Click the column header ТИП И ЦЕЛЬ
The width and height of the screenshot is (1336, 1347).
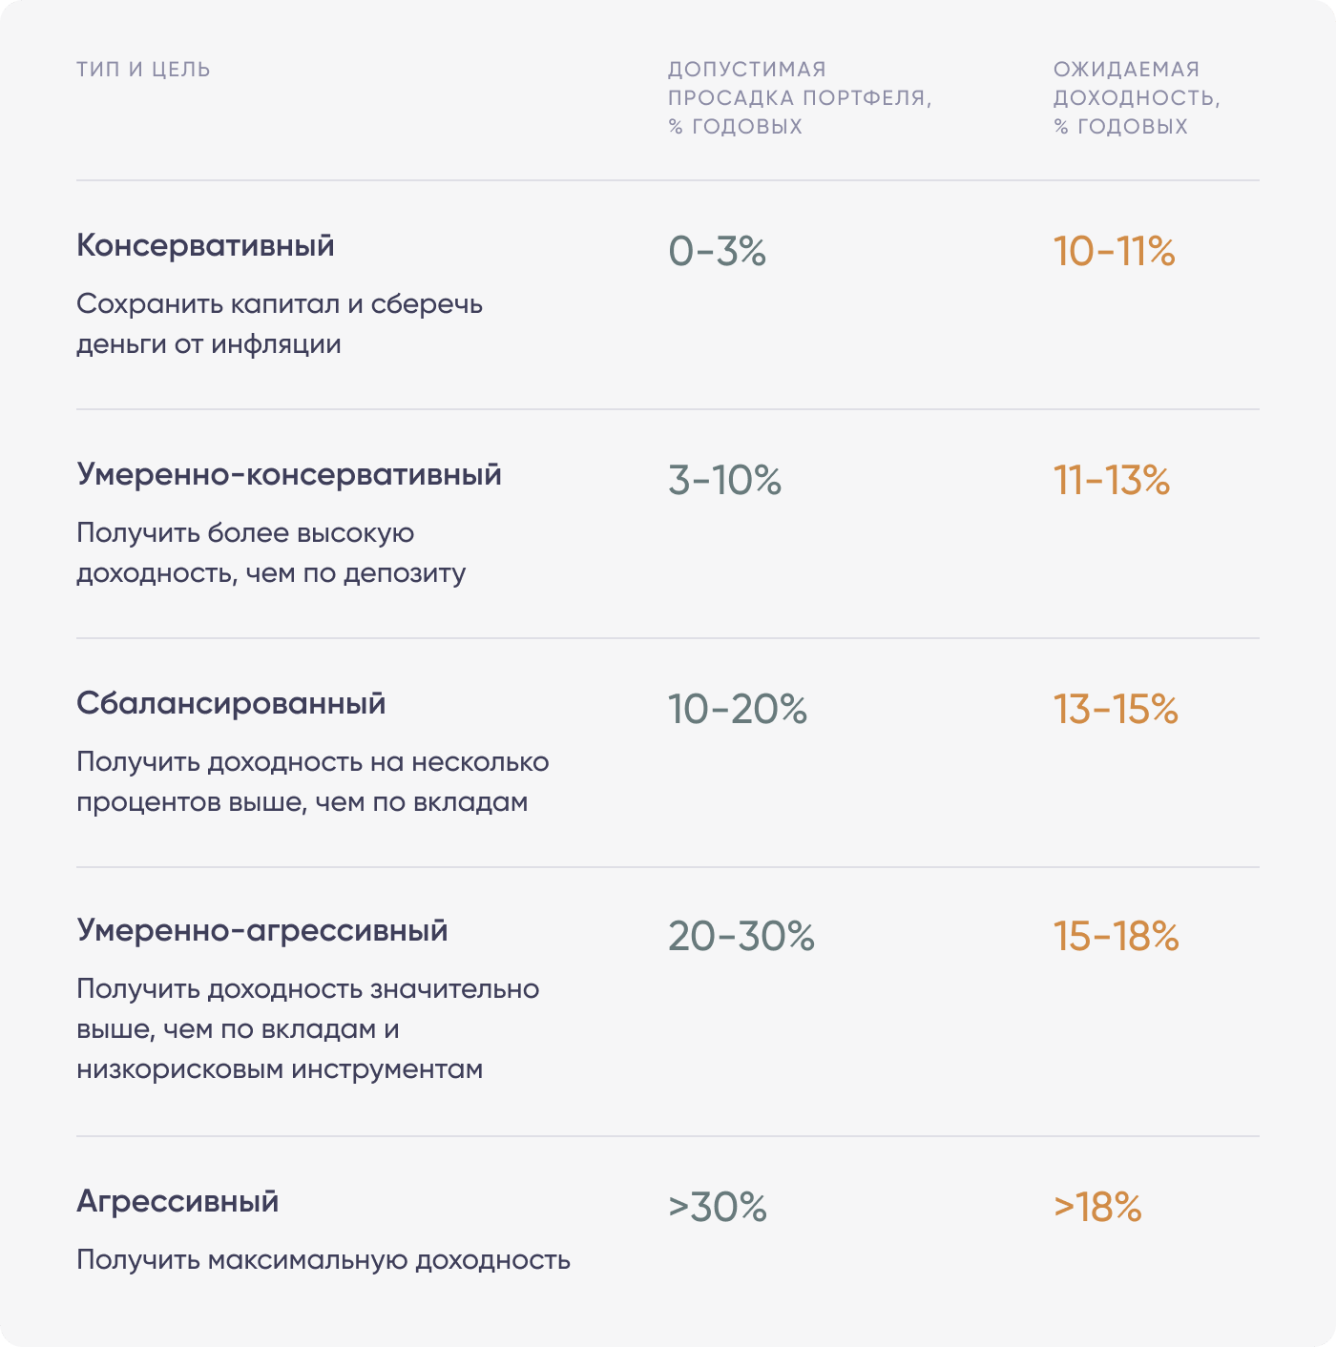click(x=143, y=70)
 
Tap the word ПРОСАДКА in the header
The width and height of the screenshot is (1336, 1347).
click(x=730, y=98)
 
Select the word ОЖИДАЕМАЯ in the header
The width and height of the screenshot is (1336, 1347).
click(x=1126, y=70)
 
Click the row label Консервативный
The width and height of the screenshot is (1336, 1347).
click(x=205, y=246)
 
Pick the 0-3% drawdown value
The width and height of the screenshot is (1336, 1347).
click(x=717, y=252)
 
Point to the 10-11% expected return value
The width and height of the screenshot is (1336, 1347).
click(x=1114, y=252)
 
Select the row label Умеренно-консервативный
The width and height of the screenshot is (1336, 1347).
click(x=288, y=475)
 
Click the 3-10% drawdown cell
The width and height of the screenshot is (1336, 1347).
click(x=724, y=481)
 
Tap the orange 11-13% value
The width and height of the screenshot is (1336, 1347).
click(x=1111, y=481)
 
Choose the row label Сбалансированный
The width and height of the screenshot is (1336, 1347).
click(x=231, y=704)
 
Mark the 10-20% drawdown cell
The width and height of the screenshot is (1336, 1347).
click(x=737, y=710)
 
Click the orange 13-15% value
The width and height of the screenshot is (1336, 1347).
click(x=1116, y=710)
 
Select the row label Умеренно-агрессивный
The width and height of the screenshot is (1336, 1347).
click(x=261, y=931)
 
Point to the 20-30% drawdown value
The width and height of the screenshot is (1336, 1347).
click(x=741, y=937)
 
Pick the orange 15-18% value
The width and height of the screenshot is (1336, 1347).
click(x=1116, y=937)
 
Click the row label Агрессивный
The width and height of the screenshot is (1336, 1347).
click(x=177, y=1202)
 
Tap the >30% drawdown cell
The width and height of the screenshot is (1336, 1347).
click(x=717, y=1208)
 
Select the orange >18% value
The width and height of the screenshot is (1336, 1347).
click(x=1097, y=1208)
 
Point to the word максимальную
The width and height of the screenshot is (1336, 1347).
click(x=308, y=1261)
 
